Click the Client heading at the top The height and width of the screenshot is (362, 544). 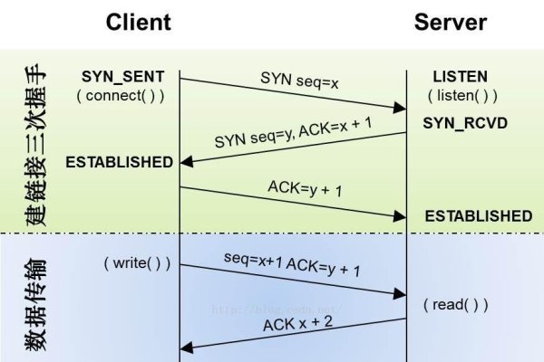[x=139, y=23]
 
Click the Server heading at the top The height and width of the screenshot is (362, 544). [x=451, y=23]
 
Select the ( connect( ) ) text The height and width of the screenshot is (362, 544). [x=123, y=96]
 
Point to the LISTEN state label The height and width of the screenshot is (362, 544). [x=460, y=78]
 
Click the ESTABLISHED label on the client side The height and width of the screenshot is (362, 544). [x=119, y=163]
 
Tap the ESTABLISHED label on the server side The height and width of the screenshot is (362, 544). [x=478, y=216]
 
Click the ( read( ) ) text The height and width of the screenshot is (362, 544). [x=456, y=305]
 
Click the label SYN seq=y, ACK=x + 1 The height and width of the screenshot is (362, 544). [x=294, y=132]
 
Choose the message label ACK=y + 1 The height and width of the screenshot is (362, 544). [x=305, y=190]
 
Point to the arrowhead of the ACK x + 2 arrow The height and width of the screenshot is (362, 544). [x=187, y=346]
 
